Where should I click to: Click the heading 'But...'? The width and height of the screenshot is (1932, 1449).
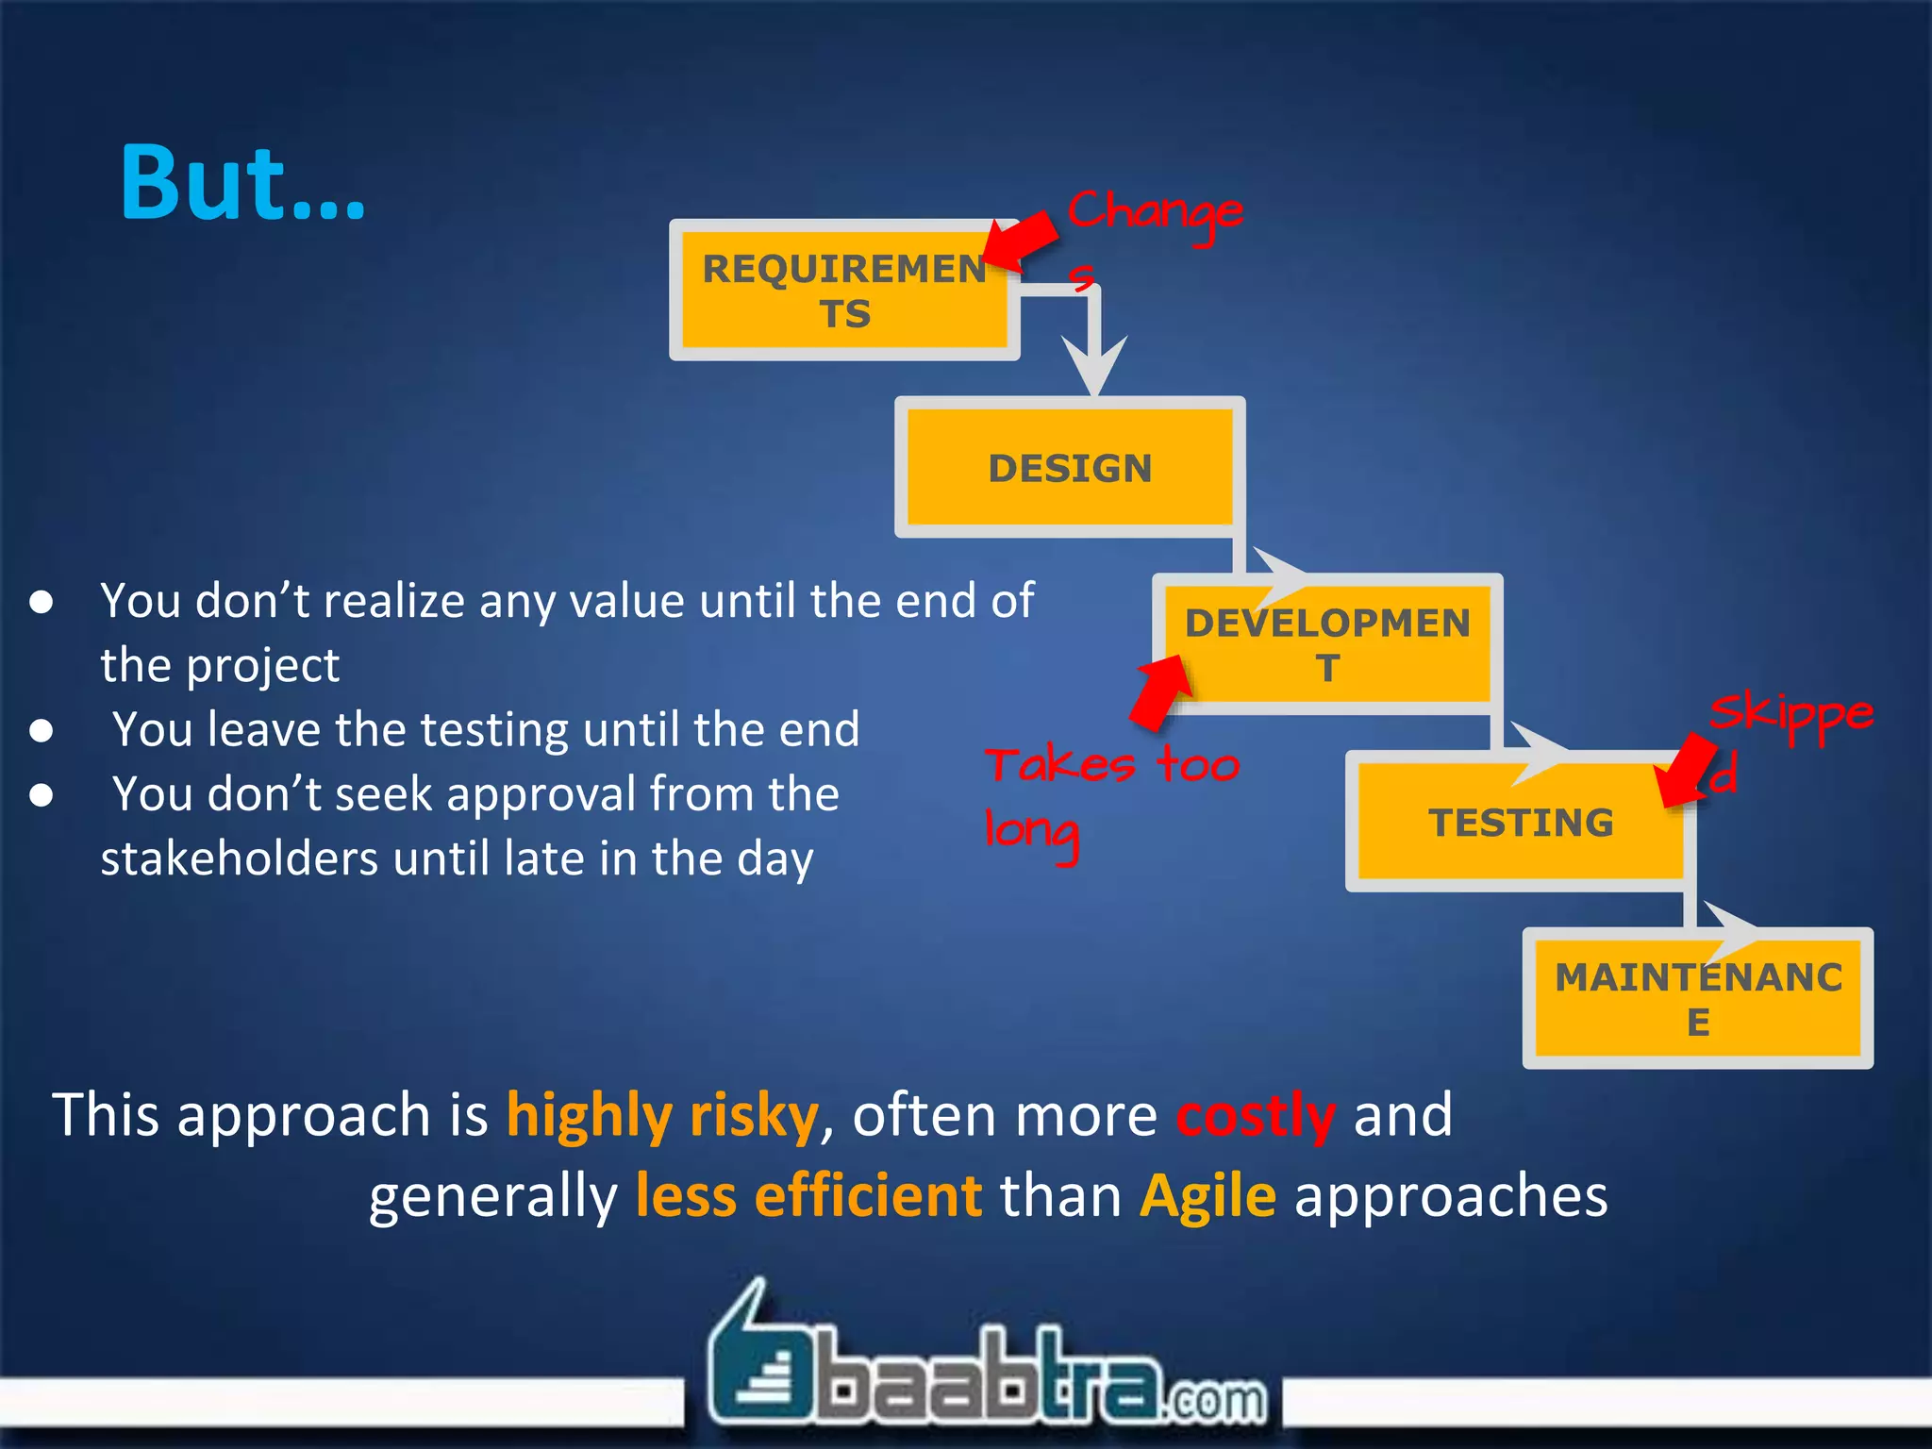click(242, 183)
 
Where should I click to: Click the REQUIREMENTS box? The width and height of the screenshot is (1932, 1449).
click(843, 291)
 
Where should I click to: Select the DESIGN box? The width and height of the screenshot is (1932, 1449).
click(1069, 468)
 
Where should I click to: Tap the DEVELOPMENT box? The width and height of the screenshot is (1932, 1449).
click(1326, 645)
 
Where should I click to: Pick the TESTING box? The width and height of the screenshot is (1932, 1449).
click(1520, 823)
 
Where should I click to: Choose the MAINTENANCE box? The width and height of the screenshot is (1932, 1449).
click(1697, 999)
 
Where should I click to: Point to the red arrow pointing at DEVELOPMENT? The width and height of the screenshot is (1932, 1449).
click(1161, 692)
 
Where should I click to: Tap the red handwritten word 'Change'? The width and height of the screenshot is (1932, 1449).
click(1155, 213)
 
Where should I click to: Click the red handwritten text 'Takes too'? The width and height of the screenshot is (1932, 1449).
click(1111, 764)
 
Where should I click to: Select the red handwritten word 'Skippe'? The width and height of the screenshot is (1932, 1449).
click(1790, 715)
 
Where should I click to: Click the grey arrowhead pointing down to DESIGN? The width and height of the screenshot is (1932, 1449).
click(1094, 363)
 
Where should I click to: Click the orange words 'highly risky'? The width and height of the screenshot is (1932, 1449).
click(662, 1115)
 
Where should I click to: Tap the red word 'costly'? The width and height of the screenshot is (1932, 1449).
click(1255, 1115)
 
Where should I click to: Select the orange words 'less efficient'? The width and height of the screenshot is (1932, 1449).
click(808, 1196)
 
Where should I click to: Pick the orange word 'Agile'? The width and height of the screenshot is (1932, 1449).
click(1207, 1196)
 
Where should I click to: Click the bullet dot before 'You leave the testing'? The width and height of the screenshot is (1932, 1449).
click(41, 731)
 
